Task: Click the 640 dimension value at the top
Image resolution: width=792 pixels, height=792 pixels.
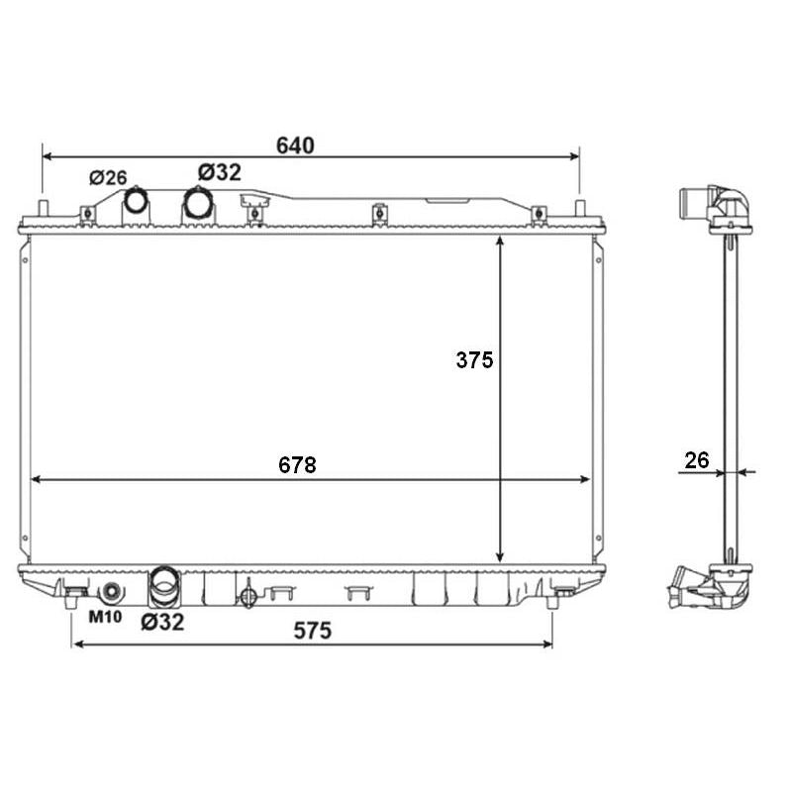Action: click(295, 146)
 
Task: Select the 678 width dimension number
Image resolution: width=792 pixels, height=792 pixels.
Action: click(297, 464)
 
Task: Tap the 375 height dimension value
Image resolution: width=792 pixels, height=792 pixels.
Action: click(474, 360)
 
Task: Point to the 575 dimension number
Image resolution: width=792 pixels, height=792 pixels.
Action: click(313, 631)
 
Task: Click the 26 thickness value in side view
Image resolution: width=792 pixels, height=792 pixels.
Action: click(697, 460)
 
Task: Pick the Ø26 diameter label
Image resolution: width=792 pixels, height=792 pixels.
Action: click(108, 177)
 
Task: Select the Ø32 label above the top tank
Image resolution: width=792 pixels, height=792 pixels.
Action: click(220, 172)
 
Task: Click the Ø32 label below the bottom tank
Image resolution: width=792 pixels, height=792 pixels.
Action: click(162, 622)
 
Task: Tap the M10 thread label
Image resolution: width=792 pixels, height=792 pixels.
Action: click(106, 617)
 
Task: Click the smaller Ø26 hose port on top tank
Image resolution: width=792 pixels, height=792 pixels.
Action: click(136, 201)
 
